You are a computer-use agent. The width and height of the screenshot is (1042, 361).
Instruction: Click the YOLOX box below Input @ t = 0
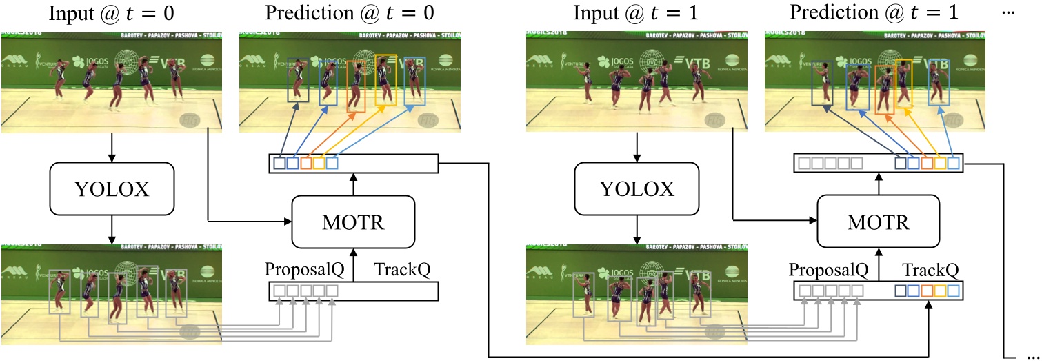click(112, 188)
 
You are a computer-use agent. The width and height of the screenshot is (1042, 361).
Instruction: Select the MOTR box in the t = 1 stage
click(878, 223)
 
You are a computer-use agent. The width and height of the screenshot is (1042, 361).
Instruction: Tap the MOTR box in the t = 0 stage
click(353, 223)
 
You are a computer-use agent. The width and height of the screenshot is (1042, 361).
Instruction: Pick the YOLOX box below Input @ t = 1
click(636, 188)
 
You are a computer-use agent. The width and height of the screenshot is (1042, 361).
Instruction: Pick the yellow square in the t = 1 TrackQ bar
click(940, 291)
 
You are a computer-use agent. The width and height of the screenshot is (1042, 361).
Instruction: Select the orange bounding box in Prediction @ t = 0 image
click(356, 86)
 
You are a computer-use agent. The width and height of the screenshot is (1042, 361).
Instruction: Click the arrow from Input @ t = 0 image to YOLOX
click(112, 148)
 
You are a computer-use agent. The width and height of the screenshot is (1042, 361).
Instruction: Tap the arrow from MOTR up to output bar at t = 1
click(878, 184)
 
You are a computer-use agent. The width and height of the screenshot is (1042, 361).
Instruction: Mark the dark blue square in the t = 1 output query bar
click(900, 164)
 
